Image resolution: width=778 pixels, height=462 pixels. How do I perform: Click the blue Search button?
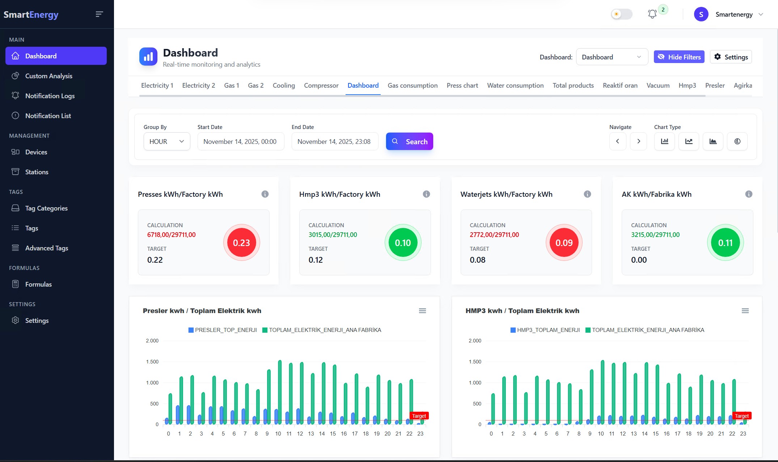pyautogui.click(x=409, y=141)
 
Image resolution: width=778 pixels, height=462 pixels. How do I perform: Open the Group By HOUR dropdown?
pyautogui.click(x=167, y=141)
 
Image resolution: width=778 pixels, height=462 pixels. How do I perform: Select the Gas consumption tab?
pyautogui.click(x=413, y=86)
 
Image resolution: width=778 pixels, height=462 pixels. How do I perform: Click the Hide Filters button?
pyautogui.click(x=679, y=57)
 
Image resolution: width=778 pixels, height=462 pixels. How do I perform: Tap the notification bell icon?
pyautogui.click(x=652, y=14)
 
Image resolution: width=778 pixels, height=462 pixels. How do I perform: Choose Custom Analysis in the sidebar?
pyautogui.click(x=48, y=76)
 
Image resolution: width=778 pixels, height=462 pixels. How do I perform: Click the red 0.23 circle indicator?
pyautogui.click(x=241, y=243)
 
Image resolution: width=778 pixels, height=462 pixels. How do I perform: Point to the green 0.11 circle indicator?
pyautogui.click(x=725, y=243)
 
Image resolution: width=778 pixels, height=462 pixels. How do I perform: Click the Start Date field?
pyautogui.click(x=240, y=141)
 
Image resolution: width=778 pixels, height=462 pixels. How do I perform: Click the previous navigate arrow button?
pyautogui.click(x=618, y=141)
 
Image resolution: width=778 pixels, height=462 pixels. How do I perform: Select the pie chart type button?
pyautogui.click(x=737, y=141)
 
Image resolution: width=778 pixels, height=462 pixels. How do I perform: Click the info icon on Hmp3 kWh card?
pyautogui.click(x=426, y=194)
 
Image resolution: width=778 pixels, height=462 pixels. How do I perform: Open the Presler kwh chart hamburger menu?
pyautogui.click(x=422, y=311)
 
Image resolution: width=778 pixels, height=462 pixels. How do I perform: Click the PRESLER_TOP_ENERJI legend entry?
pyautogui.click(x=223, y=330)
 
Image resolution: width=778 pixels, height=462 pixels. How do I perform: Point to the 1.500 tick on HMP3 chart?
pyautogui.click(x=475, y=362)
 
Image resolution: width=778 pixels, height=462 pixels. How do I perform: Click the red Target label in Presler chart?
pyautogui.click(x=419, y=416)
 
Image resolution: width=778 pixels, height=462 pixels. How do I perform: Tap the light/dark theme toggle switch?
pyautogui.click(x=621, y=14)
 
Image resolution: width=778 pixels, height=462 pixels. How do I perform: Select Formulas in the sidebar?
pyautogui.click(x=38, y=284)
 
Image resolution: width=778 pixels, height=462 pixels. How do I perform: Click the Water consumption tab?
pyautogui.click(x=515, y=86)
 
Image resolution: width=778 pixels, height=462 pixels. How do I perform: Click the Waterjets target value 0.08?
pyautogui.click(x=478, y=260)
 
